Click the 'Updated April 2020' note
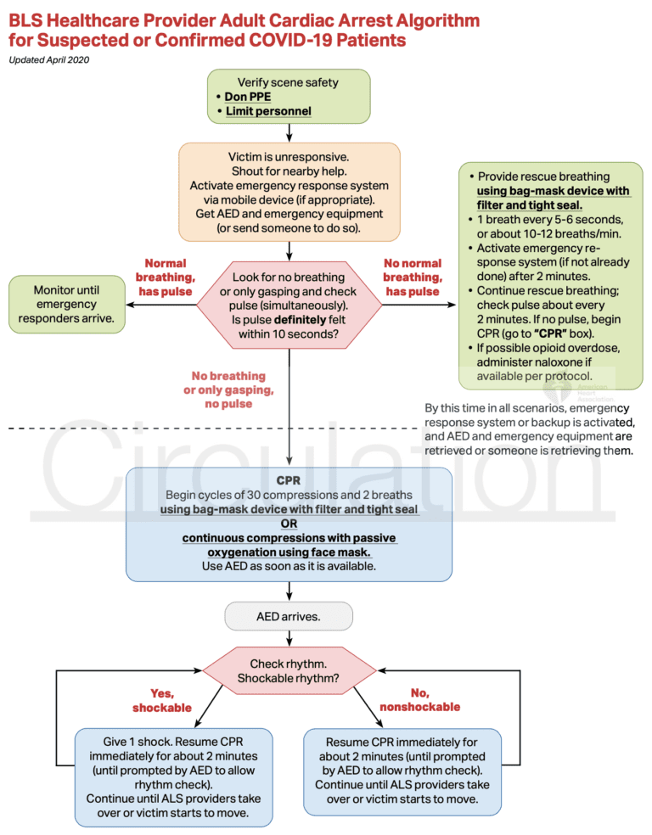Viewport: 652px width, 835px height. click(x=48, y=59)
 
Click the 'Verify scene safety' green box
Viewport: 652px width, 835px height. click(x=289, y=97)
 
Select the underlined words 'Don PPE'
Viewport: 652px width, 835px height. click(x=248, y=97)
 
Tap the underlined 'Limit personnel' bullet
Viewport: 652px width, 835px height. click(x=267, y=111)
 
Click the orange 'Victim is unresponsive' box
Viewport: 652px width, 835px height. click(x=289, y=193)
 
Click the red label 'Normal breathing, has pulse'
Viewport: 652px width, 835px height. click(x=166, y=277)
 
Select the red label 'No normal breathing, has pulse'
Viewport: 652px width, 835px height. click(x=413, y=277)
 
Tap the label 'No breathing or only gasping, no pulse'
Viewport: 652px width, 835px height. click(x=228, y=389)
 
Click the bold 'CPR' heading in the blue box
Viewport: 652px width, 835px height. click(x=289, y=479)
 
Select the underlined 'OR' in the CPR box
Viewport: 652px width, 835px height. click(x=289, y=524)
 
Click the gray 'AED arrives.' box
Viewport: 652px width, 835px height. click(x=289, y=616)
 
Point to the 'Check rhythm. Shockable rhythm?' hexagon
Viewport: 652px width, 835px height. click(x=289, y=670)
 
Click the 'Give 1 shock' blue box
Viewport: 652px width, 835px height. click(x=173, y=776)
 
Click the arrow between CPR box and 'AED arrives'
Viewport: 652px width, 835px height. click(x=289, y=591)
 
